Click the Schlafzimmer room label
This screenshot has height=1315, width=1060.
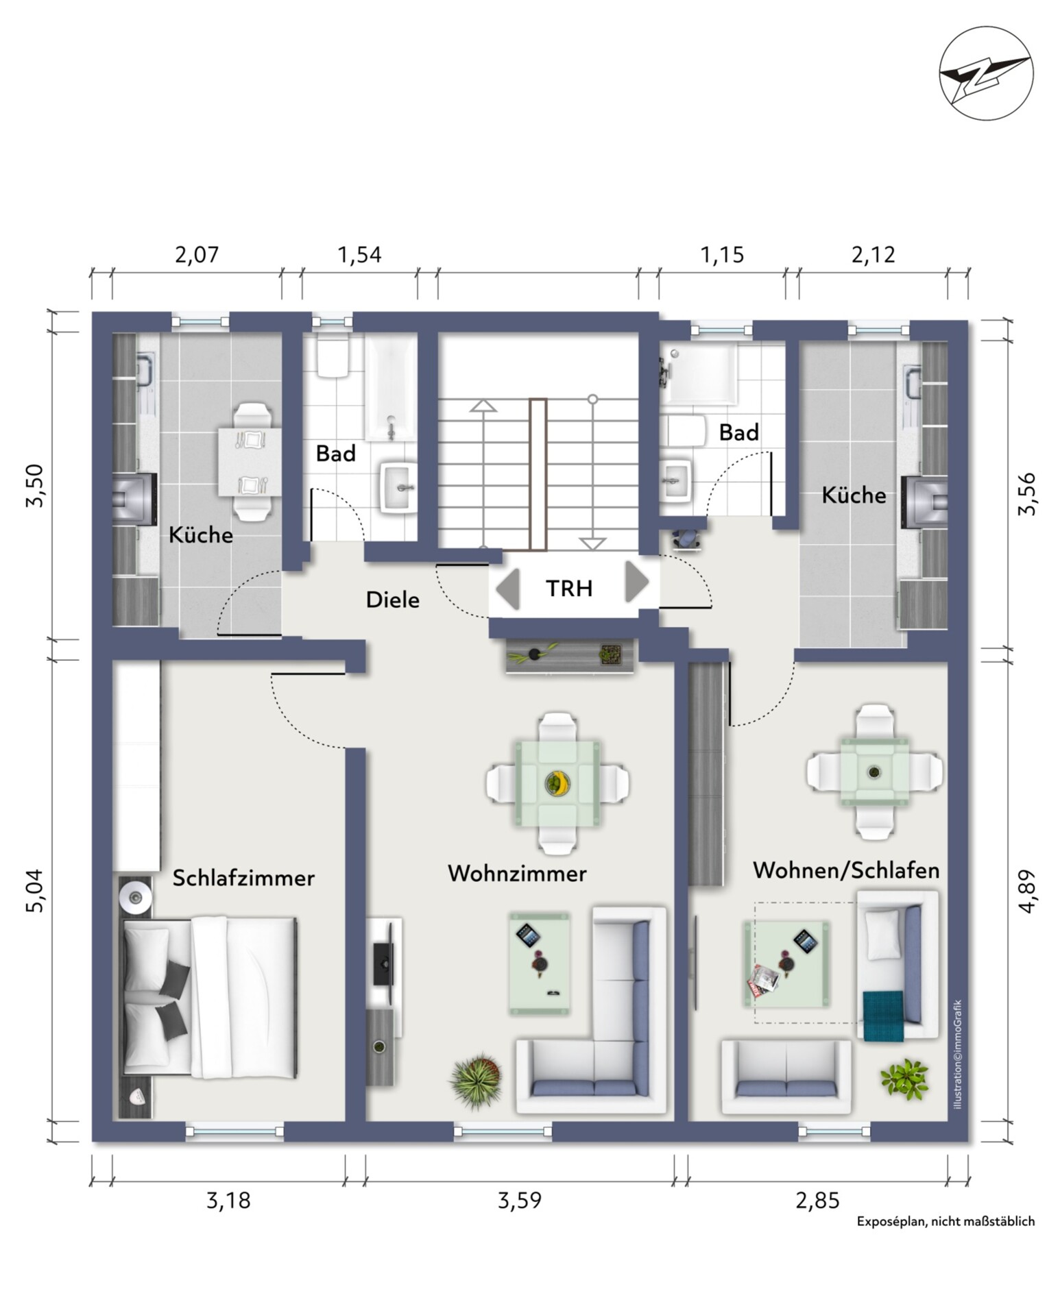[243, 878]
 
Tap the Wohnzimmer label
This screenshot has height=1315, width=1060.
[517, 874]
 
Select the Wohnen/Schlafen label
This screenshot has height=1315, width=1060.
[846, 870]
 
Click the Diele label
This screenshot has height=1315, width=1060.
[392, 600]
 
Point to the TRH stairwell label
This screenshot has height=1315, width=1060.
[569, 588]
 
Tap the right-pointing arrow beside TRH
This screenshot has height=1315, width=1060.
[636, 582]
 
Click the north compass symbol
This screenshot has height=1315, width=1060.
[985, 74]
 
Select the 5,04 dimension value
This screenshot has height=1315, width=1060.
[34, 890]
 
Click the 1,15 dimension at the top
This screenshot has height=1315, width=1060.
[722, 255]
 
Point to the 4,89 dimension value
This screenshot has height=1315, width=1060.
[1026, 891]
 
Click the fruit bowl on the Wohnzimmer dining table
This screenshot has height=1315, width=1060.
[557, 783]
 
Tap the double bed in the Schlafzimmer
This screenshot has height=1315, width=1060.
[210, 998]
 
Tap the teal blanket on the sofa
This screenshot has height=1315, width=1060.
[884, 1016]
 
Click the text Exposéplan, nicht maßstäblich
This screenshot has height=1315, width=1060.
[945, 1221]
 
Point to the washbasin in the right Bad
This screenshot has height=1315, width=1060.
[676, 481]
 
